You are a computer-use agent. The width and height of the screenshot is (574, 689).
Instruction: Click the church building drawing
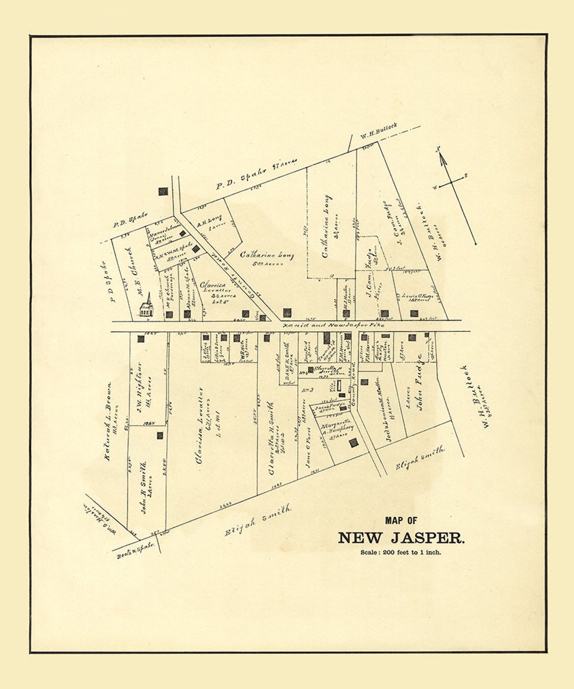[146, 307]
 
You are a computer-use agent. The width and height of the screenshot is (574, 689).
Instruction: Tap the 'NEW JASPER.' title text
[401, 538]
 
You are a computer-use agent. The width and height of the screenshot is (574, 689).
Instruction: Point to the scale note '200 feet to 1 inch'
[401, 552]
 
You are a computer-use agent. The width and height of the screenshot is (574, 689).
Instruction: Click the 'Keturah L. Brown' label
[108, 421]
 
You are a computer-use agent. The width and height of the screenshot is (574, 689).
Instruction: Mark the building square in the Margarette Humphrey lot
[353, 442]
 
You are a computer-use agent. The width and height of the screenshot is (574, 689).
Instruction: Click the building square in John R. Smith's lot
[159, 435]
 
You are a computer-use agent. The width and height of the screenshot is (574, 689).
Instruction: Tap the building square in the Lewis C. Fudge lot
[414, 313]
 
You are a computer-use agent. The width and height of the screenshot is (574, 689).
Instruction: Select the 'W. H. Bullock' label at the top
[378, 130]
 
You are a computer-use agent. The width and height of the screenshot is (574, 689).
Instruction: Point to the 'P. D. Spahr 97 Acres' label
[256, 174]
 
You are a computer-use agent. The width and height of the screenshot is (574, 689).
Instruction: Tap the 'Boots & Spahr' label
[136, 549]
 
